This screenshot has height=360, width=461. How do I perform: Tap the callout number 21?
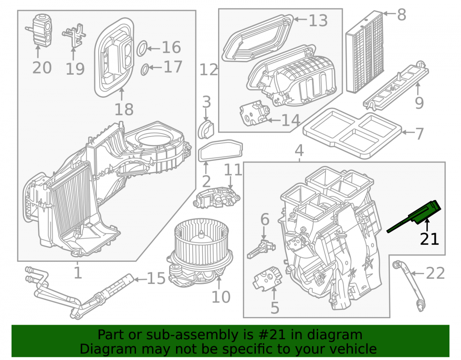click(x=429, y=239)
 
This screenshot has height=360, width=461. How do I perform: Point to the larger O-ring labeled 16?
click(x=142, y=48)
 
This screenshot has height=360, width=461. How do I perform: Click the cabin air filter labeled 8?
click(x=365, y=52)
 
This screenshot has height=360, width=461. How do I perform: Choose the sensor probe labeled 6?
click(x=261, y=248)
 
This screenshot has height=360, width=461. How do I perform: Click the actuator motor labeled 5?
click(x=267, y=278)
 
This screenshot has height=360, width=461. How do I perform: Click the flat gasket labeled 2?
click(x=220, y=150)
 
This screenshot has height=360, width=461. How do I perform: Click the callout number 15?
click(x=156, y=278)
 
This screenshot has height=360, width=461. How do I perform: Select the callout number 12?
click(x=209, y=70)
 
